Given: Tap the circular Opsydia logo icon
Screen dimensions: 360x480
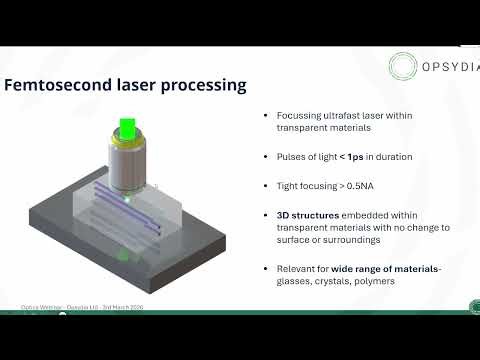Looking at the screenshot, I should pyautogui.click(x=406, y=68).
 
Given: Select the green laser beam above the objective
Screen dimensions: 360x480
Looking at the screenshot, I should pyautogui.click(x=127, y=129).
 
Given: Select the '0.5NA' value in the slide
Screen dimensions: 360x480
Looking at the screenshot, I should pyautogui.click(x=357, y=186).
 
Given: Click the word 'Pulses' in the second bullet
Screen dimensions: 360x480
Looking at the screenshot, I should pyautogui.click(x=290, y=157).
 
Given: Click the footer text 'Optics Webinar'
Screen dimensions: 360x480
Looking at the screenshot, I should pyautogui.click(x=41, y=306).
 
